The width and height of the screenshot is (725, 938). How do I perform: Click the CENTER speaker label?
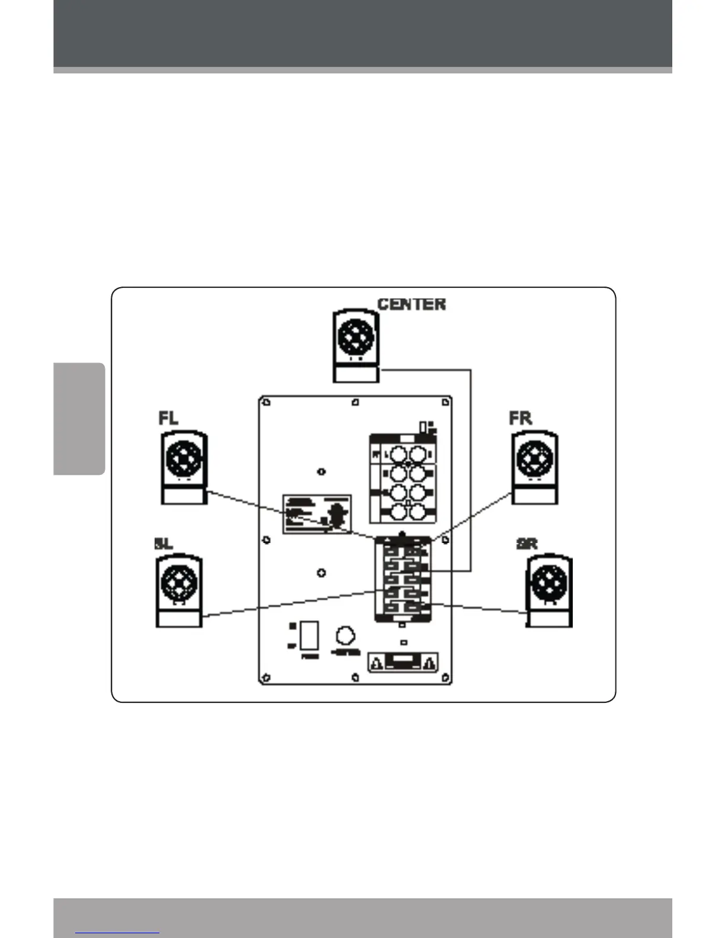412,304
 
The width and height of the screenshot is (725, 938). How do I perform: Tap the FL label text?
168,418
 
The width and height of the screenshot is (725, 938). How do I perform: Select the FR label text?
521,418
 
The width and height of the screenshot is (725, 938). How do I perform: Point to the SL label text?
163,544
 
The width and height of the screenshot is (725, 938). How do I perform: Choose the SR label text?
527,544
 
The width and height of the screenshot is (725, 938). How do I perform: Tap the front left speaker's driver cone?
184,459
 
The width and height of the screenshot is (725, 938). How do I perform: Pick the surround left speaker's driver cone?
179,583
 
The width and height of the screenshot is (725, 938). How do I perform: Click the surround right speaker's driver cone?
550,583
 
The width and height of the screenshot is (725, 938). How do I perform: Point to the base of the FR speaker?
534,496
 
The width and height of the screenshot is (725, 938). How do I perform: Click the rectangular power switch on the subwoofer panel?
309,635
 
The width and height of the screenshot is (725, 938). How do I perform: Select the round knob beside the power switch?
345,637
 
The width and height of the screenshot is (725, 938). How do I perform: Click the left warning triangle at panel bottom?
377,663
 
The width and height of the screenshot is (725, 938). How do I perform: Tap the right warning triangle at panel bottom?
430,663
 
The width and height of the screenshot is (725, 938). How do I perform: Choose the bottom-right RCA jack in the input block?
418,512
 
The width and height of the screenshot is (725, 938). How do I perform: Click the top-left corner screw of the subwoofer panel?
267,403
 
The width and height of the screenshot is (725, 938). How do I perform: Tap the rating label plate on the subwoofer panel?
317,514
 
